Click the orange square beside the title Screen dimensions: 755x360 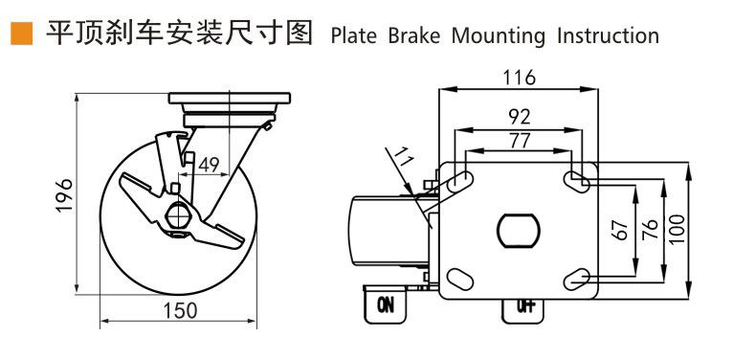click(22, 34)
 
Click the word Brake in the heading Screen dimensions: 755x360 click(414, 35)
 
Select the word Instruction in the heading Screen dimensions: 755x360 click(609, 35)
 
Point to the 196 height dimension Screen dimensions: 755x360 click(63, 195)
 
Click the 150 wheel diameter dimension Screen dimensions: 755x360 click(178, 310)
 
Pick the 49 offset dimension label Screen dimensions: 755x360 click(208, 165)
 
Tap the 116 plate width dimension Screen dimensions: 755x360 click(518, 78)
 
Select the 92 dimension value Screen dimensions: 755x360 click(519, 117)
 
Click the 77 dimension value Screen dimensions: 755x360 click(518, 141)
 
